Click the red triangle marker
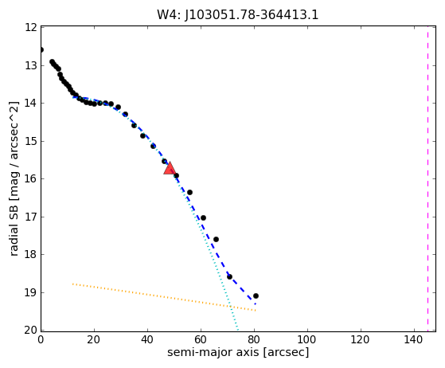[x=170, y=168]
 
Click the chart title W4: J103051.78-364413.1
[x=238, y=15]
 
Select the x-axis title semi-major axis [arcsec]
[x=238, y=352]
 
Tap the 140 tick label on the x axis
[x=414, y=339]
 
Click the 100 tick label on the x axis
[x=307, y=339]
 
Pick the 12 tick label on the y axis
[x=31, y=28]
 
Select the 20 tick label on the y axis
[x=31, y=331]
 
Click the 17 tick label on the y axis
[x=31, y=217]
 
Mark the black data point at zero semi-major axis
[x=41, y=50]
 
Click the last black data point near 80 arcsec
[x=256, y=296]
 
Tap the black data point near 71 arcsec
[x=229, y=276]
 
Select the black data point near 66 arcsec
[x=216, y=240]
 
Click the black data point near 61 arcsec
[x=203, y=217]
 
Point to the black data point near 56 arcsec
[x=190, y=193]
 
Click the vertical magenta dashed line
[x=427, y=178]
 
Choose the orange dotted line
[x=164, y=297]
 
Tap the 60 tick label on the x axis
[x=201, y=339]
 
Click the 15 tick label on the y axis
[x=31, y=141]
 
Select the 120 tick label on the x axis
[x=361, y=339]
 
